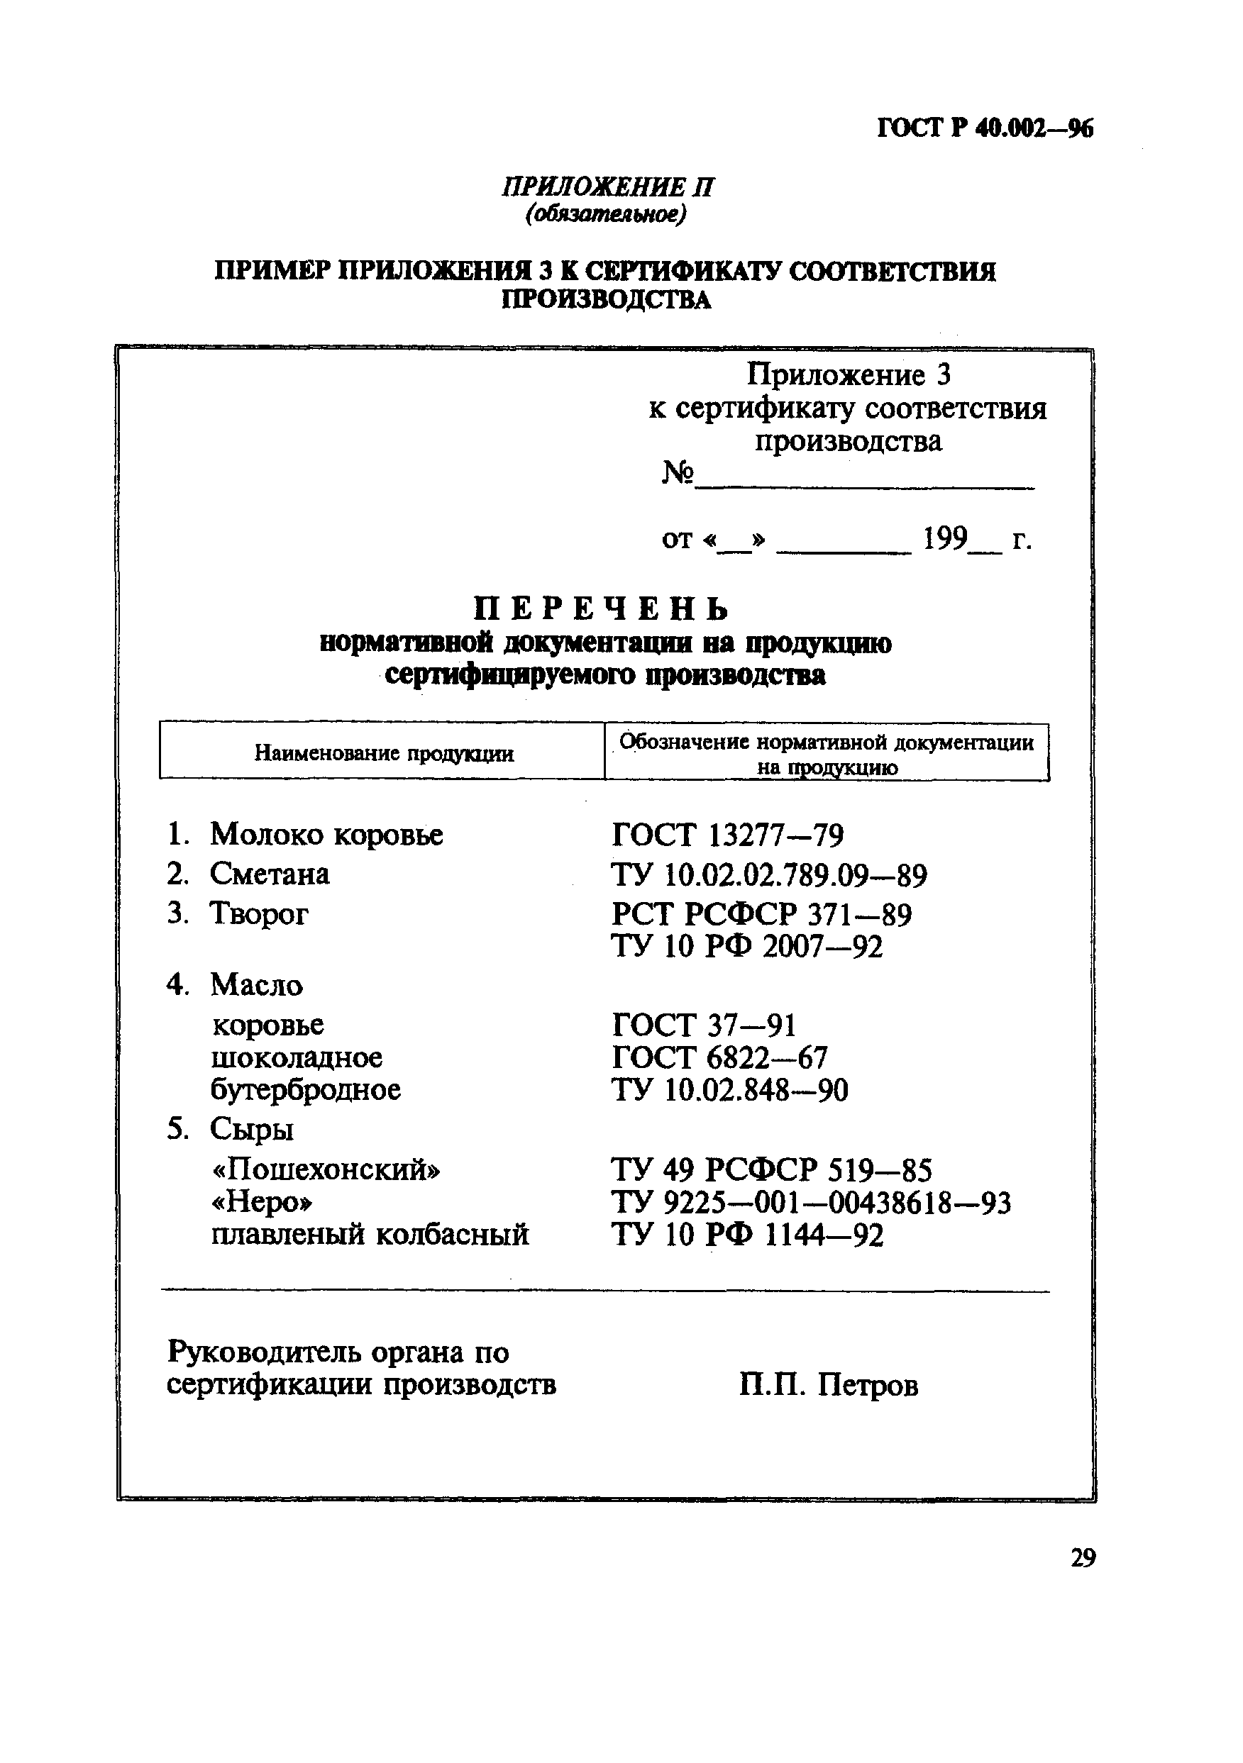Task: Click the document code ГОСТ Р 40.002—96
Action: pyautogui.click(x=984, y=129)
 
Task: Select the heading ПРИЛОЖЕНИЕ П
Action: pyautogui.click(x=608, y=187)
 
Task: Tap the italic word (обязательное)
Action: pyautogui.click(x=605, y=215)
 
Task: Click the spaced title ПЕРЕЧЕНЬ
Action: pyautogui.click(x=601, y=609)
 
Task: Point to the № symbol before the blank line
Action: pyautogui.click(x=678, y=473)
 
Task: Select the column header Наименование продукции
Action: pyautogui.click(x=383, y=753)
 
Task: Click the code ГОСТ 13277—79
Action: pyautogui.click(x=727, y=835)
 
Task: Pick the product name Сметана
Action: pyautogui.click(x=269, y=874)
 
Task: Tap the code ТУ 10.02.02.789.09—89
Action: pyautogui.click(x=769, y=875)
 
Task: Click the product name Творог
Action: pyautogui.click(x=259, y=913)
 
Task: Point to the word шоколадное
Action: pyautogui.click(x=297, y=1057)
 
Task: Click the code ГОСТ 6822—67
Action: pyautogui.click(x=720, y=1058)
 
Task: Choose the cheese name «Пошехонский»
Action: pyautogui.click(x=326, y=1169)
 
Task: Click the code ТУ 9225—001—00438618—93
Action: pyautogui.click(x=810, y=1203)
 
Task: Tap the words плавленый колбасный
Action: pyautogui.click(x=370, y=1235)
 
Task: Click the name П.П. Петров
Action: pyautogui.click(x=828, y=1385)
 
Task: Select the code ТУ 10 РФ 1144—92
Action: pyautogui.click(x=746, y=1235)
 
